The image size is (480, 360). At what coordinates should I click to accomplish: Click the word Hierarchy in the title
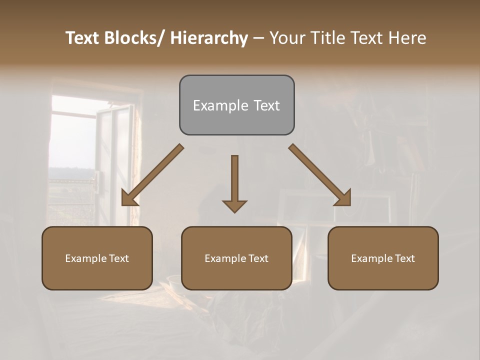click(x=208, y=38)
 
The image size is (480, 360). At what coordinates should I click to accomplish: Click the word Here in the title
click(x=407, y=38)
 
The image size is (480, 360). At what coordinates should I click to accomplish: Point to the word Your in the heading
click(x=287, y=38)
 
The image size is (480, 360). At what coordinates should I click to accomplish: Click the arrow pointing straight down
click(x=234, y=182)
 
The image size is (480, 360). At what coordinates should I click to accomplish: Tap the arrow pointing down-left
click(x=152, y=175)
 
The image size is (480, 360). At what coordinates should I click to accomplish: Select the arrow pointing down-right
click(x=320, y=175)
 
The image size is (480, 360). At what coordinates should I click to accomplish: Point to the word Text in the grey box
click(x=266, y=105)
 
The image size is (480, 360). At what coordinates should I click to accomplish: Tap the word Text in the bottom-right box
click(x=404, y=258)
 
